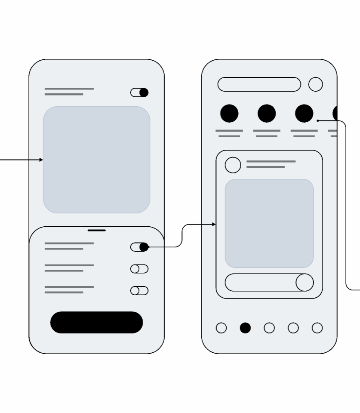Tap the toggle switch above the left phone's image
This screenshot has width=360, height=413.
point(139,92)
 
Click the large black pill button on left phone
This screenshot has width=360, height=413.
point(96,322)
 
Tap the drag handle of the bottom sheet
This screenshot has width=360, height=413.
point(96,231)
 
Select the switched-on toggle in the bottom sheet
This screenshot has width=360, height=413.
point(139,247)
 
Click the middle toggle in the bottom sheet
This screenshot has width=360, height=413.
point(139,269)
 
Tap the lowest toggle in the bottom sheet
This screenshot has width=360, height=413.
point(139,291)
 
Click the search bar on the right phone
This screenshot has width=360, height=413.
point(259,84)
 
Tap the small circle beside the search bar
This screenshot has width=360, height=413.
point(315,84)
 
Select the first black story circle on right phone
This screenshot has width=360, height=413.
point(229,114)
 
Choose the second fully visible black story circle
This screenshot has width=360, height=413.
point(267,114)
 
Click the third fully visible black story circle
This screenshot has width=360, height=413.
point(304,114)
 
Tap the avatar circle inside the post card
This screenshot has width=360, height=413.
point(233,165)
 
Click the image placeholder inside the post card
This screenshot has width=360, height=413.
point(269,223)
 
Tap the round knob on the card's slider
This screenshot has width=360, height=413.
point(305,282)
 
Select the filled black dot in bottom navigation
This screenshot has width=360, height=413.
point(245,328)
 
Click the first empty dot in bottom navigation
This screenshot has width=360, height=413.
point(221,328)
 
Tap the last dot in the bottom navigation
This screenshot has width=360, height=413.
point(317,328)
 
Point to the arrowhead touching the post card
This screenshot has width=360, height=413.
point(214,225)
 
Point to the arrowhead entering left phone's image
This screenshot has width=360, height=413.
point(41,160)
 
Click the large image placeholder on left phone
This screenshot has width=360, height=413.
point(96,160)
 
